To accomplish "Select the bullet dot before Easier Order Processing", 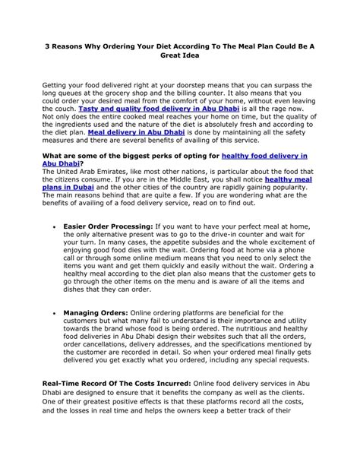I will click(52, 226).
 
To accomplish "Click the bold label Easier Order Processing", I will click(107, 226).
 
